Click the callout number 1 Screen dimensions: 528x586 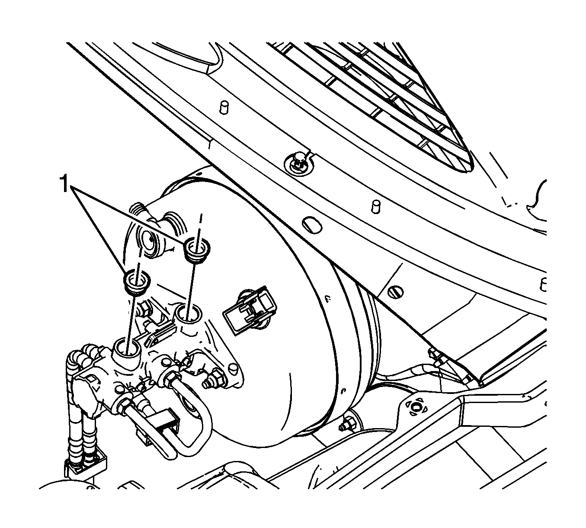pos(64,184)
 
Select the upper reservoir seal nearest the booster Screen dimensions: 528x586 pos(197,250)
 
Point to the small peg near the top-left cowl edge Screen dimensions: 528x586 pos(224,106)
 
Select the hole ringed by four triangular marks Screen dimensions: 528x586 pos(416,407)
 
